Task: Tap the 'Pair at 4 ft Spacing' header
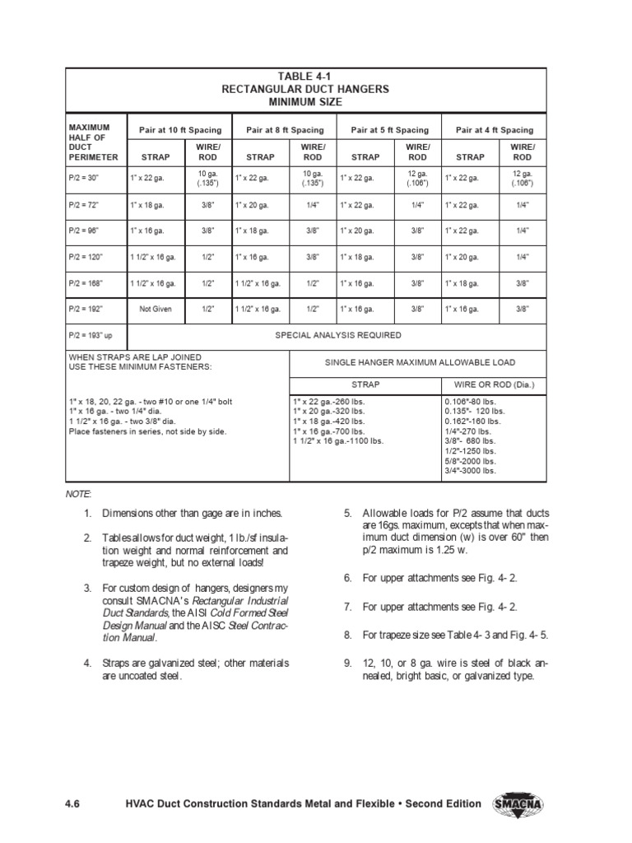click(x=494, y=130)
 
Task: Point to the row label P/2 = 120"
click(x=88, y=258)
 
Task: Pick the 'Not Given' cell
click(x=156, y=309)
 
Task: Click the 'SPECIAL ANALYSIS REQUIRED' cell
click(x=338, y=335)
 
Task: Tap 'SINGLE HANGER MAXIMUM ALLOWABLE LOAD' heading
click(x=420, y=363)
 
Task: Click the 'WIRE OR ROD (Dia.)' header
click(x=494, y=384)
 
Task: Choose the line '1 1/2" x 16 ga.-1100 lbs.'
click(x=338, y=440)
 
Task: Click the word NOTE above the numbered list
click(x=79, y=492)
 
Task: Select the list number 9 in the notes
click(x=348, y=663)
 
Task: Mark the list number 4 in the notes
click(x=87, y=663)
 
